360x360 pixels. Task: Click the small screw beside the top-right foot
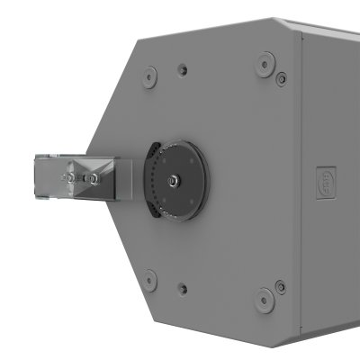[x=281, y=79]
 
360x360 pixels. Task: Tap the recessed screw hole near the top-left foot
[x=183, y=69]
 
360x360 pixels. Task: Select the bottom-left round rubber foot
[x=150, y=280]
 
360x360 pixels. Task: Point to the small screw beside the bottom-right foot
[x=281, y=286]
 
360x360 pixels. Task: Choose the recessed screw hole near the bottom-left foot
[x=183, y=290]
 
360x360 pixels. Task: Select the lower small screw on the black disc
[x=177, y=211]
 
